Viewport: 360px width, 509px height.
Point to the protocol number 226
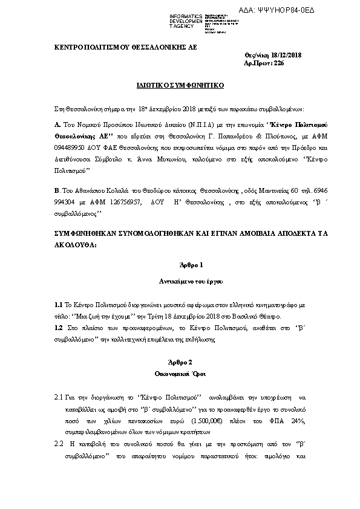[x=278, y=63]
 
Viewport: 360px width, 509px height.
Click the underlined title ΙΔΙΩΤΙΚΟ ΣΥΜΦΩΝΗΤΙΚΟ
[x=180, y=86]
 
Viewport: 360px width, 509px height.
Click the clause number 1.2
[x=59, y=327]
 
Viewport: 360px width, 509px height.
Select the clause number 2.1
[x=59, y=397]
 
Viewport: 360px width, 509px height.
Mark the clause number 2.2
[x=59, y=444]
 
